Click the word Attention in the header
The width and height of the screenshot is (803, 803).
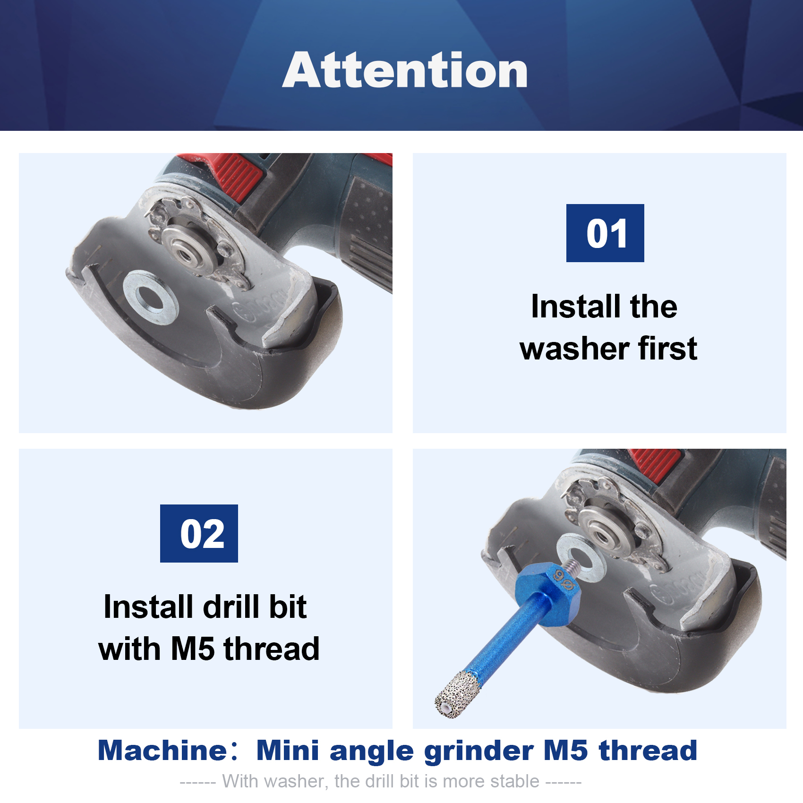[405, 70]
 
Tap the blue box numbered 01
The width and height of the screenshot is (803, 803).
[605, 233]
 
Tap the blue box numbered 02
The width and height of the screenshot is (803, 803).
[199, 533]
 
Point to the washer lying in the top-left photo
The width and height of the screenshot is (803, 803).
[151, 297]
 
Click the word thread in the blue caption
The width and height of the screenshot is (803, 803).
[648, 750]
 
